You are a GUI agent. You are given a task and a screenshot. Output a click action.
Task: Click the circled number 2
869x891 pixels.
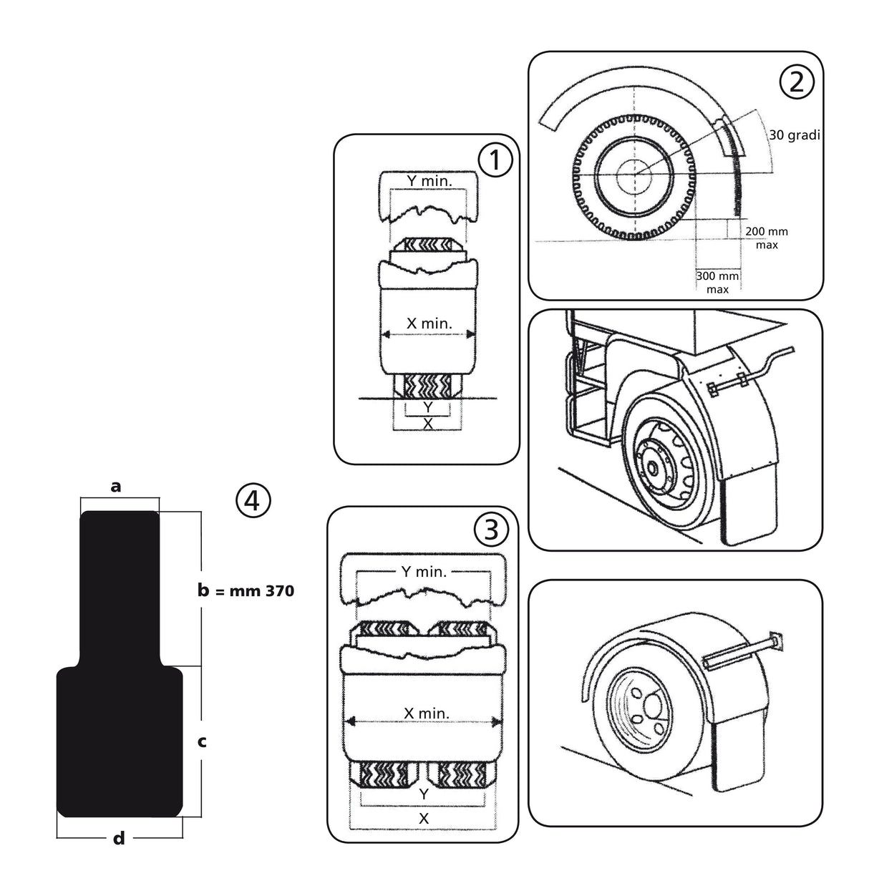(797, 82)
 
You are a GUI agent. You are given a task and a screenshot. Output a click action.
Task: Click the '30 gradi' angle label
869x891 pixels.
(795, 135)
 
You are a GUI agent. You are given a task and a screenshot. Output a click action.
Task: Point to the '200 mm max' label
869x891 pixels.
(766, 238)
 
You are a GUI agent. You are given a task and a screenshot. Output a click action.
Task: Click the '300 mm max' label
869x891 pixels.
(717, 282)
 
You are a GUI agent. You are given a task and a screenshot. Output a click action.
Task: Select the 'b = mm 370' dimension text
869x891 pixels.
(246, 591)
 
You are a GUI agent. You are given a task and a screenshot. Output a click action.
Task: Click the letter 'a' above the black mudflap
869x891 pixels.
(116, 487)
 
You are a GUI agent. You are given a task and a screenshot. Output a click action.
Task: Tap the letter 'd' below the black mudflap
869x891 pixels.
(119, 838)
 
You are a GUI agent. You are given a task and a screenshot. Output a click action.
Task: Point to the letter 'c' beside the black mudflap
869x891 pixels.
(202, 741)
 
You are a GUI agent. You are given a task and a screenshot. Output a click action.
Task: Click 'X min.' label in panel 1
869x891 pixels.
(429, 323)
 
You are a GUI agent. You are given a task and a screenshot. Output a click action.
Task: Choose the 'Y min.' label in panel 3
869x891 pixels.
(424, 571)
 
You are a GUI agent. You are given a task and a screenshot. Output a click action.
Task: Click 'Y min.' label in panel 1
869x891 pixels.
(429, 182)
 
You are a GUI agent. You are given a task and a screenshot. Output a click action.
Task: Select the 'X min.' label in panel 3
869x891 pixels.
(427, 713)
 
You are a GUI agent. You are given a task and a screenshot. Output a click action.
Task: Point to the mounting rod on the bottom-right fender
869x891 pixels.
(744, 649)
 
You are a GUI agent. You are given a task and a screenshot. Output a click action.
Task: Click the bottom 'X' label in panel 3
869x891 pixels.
(424, 817)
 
